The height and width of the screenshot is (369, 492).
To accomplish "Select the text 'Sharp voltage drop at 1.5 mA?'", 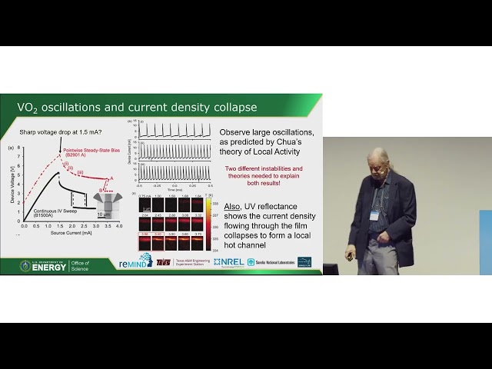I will [x=61, y=131].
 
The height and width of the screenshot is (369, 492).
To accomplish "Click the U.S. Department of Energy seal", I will [x=26, y=265].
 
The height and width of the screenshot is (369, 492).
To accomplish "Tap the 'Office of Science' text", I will [x=81, y=265].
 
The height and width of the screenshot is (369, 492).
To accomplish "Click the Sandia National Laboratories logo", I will [x=269, y=262].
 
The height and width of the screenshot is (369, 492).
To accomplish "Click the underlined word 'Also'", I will [x=231, y=207].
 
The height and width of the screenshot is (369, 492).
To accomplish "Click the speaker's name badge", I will [x=374, y=215].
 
